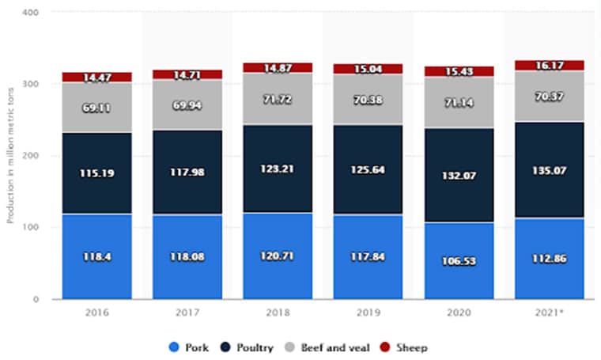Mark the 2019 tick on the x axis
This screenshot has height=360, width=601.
point(368,314)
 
